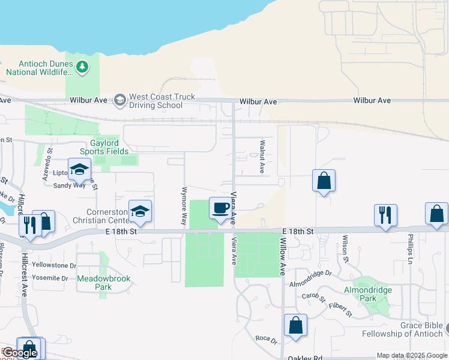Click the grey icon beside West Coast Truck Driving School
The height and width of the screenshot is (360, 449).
[x=120, y=100]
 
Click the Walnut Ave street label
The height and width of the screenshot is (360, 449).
[x=262, y=157]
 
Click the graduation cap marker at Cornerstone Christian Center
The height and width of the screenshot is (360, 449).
[x=140, y=211]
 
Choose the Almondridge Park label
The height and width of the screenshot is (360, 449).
[x=377, y=293]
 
